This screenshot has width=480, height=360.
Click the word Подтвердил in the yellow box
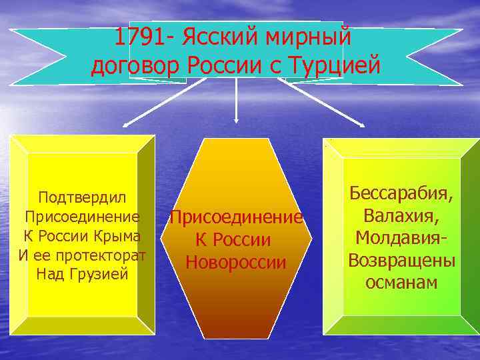(x=82, y=197)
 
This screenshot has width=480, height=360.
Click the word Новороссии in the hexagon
(x=236, y=262)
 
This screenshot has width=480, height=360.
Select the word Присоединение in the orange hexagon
(x=236, y=217)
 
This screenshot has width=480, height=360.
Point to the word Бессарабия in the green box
(x=402, y=195)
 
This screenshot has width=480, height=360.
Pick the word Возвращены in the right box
(x=402, y=260)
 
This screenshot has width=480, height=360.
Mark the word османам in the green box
(x=401, y=282)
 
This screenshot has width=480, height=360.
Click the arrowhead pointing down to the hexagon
(x=236, y=120)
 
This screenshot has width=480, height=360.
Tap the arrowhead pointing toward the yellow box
(x=127, y=123)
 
